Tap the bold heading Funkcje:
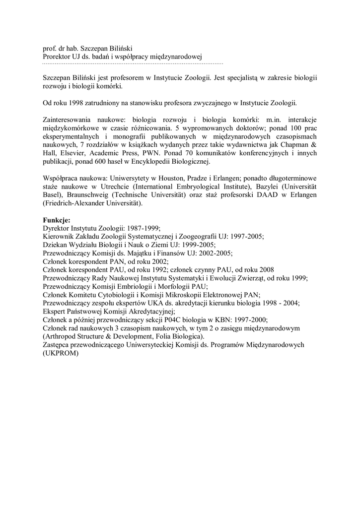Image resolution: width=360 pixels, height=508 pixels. [57, 220]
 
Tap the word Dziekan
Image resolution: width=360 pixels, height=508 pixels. [55, 245]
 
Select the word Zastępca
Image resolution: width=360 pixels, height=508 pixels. [58, 345]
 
